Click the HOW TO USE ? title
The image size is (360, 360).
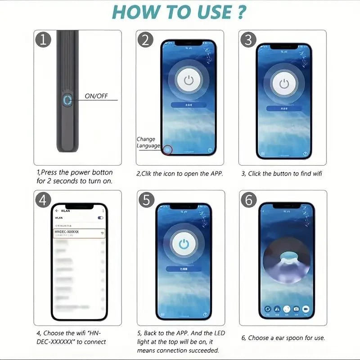(x=180, y=12)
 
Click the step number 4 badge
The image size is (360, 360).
(x=43, y=200)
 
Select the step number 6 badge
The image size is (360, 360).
(x=248, y=200)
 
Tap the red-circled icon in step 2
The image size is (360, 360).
(x=168, y=150)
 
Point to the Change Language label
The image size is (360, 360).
(x=148, y=143)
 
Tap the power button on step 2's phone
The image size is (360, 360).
(x=189, y=81)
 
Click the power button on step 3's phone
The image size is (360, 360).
(x=283, y=83)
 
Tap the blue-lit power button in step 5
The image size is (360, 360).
(x=183, y=244)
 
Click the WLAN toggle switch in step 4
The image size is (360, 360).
(x=100, y=218)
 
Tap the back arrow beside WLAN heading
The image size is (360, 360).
(x=57, y=211)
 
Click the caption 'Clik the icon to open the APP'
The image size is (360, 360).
(x=180, y=174)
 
